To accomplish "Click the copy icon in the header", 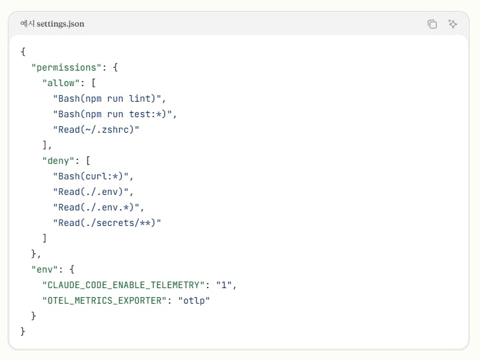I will (432, 24).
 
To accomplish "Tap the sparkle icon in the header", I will (453, 24).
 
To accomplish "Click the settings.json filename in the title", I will (60, 24).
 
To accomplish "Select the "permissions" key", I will (64, 67).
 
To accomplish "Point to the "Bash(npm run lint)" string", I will (109, 98).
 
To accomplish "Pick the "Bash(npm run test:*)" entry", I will (115, 114).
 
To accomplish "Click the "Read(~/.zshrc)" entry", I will (96, 129).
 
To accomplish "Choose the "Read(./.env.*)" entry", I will (98, 207).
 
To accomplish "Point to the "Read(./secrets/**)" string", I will (107, 223).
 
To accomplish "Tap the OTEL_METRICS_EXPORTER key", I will (109, 300).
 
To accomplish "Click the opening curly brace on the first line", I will (23, 52).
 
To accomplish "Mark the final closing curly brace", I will (23, 332).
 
